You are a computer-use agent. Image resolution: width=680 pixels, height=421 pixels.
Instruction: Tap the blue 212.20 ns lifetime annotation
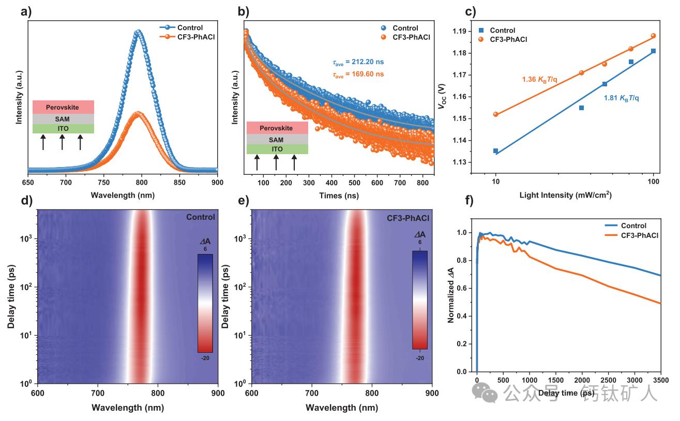coord(358,62)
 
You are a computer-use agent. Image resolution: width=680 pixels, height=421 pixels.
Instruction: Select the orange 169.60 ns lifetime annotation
coord(358,74)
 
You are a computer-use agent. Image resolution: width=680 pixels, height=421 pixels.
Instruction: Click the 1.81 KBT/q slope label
coord(621,98)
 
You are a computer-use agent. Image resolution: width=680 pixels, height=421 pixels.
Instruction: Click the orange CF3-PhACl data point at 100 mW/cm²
coord(653,36)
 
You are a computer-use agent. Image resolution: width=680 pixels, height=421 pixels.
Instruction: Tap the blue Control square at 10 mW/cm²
coord(495,151)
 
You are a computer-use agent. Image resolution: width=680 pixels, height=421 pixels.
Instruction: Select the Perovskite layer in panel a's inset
coord(63,108)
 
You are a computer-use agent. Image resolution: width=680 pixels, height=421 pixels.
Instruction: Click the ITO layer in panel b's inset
coord(277,149)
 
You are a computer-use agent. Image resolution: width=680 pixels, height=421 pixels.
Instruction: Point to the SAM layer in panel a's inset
coord(63,119)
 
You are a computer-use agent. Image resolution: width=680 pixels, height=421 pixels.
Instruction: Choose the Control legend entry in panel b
coord(405,28)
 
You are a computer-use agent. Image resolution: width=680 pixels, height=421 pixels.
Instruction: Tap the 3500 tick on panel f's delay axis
coord(661,381)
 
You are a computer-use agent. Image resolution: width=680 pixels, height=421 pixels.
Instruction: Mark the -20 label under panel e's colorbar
coord(419,358)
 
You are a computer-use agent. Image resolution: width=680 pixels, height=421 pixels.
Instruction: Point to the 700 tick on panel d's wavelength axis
coord(98,393)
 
